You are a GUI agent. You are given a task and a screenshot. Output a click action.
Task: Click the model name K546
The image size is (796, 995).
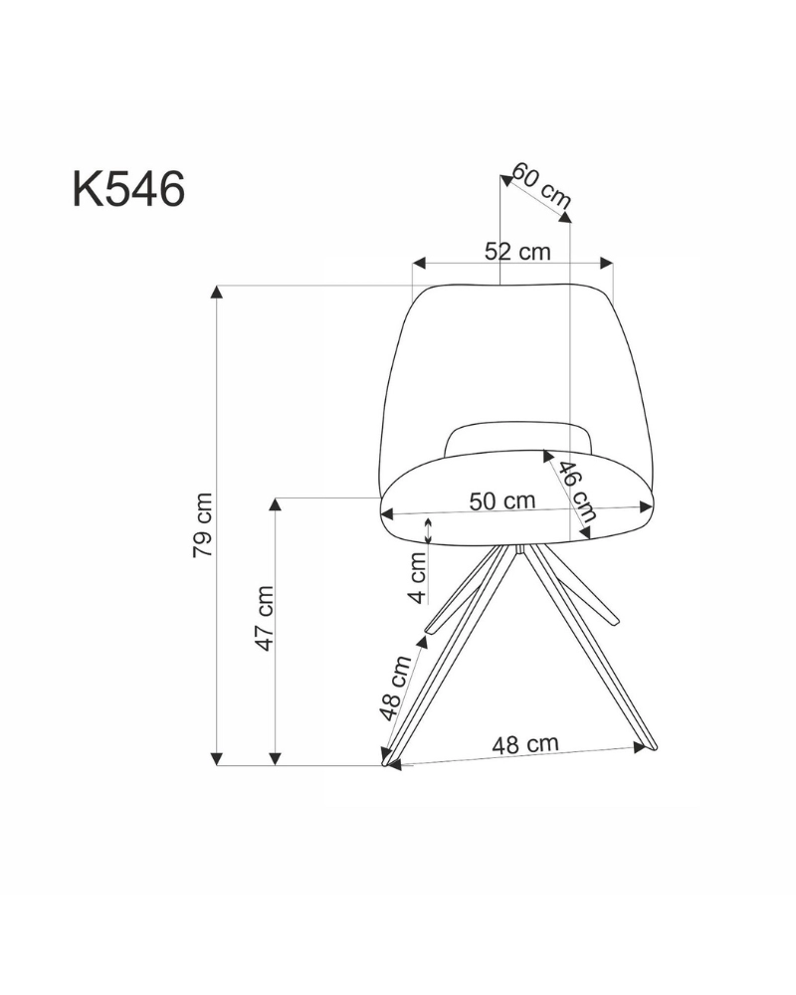coord(129,188)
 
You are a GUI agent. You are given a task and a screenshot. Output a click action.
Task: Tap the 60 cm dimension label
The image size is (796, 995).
coord(542,185)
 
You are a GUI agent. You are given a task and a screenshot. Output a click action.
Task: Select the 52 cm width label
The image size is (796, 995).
coord(517,252)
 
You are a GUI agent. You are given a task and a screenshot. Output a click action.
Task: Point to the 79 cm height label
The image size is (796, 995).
coord(203,524)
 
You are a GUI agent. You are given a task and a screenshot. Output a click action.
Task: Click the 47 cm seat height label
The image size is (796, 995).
coord(264,618)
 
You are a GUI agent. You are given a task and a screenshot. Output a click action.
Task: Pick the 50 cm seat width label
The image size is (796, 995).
coord(502,501)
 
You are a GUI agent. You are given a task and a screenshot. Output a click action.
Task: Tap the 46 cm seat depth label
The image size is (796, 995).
coord(577,491)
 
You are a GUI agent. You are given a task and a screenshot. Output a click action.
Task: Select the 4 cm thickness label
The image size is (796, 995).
coord(417,577)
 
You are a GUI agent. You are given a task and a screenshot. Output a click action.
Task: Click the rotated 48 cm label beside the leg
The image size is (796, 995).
coord(396,688)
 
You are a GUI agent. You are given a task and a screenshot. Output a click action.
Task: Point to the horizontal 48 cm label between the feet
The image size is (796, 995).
coord(525,744)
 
